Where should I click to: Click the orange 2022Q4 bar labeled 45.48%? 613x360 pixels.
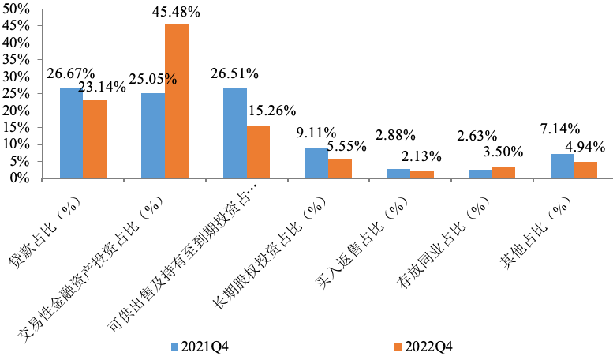176,101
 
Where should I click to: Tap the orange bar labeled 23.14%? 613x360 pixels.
95,139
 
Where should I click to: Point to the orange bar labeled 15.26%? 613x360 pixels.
258,152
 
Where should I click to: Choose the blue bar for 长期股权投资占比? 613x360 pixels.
316,163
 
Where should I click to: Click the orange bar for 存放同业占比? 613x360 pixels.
503,172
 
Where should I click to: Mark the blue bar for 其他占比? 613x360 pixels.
563,166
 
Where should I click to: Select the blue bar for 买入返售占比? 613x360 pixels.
398,173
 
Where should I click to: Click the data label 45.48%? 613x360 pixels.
176,13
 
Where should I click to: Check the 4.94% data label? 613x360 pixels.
585,146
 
